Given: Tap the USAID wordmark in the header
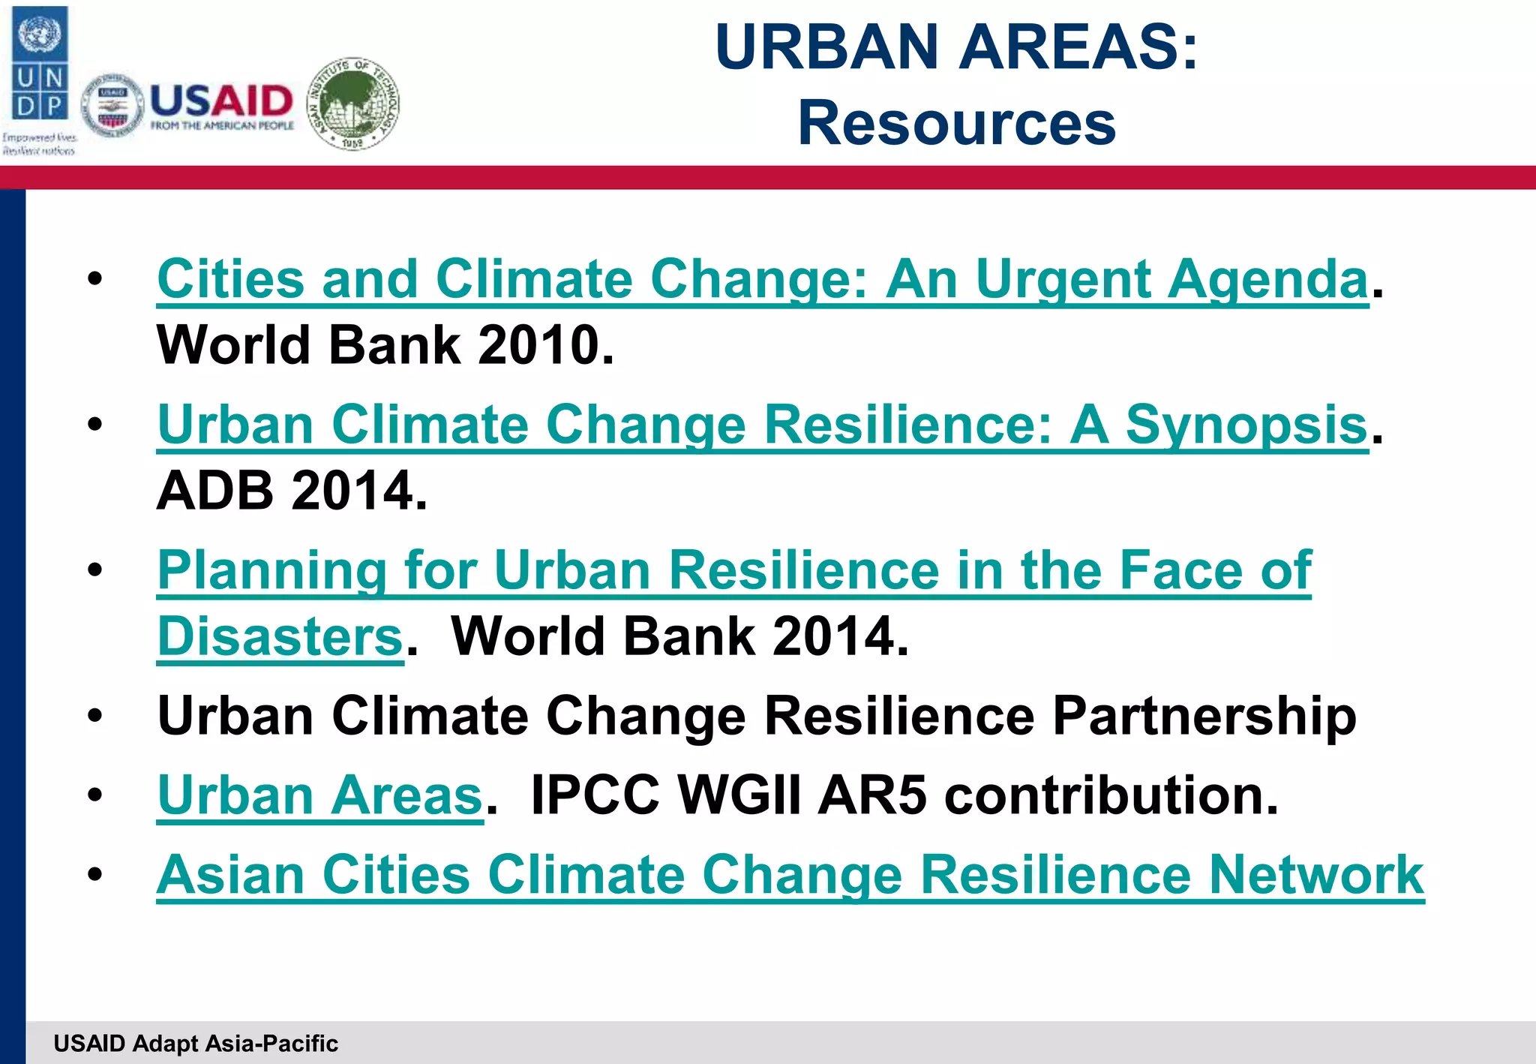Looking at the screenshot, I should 222,102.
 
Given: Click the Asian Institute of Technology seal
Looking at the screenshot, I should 354,104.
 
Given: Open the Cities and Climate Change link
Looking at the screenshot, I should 762,280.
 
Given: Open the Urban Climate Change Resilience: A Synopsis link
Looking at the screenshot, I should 762,425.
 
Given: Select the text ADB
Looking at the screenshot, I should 215,491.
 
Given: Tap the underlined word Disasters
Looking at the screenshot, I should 280,637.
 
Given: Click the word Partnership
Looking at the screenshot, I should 1204,716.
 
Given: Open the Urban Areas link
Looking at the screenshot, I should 319,795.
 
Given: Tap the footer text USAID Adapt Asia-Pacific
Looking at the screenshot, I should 196,1043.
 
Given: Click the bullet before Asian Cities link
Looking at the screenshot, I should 94,874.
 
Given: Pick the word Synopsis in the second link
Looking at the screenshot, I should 1246,425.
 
